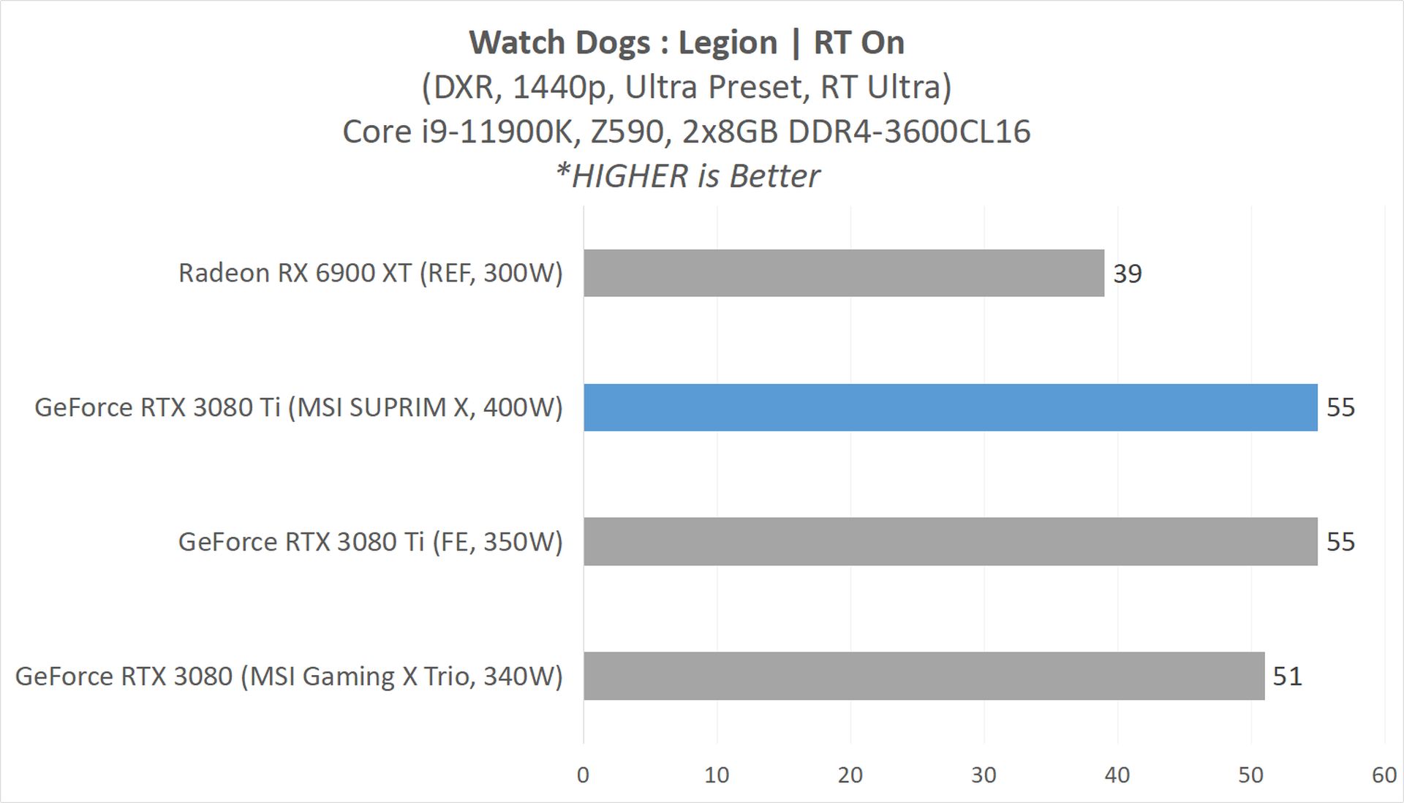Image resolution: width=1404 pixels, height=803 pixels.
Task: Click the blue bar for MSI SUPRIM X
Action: (950, 407)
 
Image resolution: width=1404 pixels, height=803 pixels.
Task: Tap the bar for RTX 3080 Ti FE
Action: (950, 541)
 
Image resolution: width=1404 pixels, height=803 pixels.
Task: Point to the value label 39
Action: (1127, 274)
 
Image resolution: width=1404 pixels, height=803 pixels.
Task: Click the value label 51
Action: (1287, 676)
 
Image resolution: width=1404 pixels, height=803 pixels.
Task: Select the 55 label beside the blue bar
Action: (1340, 407)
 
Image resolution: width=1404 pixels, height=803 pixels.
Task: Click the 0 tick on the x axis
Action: (583, 775)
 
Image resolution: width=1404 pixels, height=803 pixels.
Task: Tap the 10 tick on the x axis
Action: (717, 775)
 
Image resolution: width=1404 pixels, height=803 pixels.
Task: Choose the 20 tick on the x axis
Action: (850, 775)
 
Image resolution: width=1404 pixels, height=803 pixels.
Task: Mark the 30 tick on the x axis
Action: (984, 775)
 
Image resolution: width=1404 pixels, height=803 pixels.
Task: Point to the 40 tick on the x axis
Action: (1117, 775)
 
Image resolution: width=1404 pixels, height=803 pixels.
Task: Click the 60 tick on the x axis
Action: (1384, 775)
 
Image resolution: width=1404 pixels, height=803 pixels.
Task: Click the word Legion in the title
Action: (728, 43)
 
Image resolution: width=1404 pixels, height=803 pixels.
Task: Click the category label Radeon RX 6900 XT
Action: (370, 273)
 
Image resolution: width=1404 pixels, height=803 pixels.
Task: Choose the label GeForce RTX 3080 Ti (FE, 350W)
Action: (370, 541)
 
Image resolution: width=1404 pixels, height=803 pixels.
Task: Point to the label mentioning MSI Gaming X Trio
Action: (289, 676)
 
